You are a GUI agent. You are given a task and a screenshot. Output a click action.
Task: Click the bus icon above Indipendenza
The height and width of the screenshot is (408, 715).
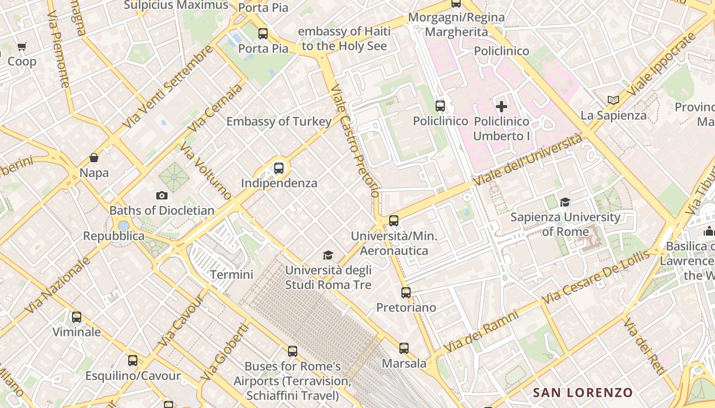[279, 168]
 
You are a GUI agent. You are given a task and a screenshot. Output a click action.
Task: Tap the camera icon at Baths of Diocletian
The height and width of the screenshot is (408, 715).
[162, 195]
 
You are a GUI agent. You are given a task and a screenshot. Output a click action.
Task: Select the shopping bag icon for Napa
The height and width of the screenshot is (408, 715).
[94, 158]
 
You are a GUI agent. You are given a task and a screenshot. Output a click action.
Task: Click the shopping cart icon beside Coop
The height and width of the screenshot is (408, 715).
[22, 47]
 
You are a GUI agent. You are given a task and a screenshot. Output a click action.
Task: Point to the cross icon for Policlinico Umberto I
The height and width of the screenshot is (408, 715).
[502, 107]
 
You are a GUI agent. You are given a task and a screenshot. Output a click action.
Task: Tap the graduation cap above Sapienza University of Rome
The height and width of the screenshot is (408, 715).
[565, 202]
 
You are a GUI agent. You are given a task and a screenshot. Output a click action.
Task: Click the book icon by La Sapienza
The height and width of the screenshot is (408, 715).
[613, 100]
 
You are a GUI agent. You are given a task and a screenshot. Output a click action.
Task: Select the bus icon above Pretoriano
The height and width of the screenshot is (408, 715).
[406, 293]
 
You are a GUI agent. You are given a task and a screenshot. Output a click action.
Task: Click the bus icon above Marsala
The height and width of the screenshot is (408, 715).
[404, 348]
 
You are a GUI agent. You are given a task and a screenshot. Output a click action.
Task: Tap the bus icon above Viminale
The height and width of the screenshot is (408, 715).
[77, 317]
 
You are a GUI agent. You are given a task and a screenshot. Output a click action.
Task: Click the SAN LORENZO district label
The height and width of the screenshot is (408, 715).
[583, 393]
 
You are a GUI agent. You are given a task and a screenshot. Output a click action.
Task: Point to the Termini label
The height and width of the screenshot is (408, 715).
[232, 275]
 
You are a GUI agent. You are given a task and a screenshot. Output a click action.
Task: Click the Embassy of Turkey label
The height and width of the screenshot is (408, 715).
[279, 121]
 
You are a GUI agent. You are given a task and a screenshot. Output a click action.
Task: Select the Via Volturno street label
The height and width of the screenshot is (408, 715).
[205, 171]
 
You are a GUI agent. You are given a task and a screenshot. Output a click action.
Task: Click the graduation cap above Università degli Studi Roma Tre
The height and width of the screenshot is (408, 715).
[328, 255]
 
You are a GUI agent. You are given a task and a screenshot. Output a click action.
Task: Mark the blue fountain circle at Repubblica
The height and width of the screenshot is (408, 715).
[124, 225]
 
